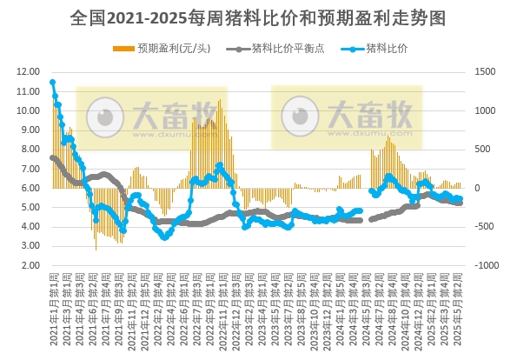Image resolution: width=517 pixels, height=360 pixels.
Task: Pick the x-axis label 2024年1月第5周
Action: coord(341,300)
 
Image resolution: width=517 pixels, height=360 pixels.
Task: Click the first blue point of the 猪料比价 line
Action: coord(52,83)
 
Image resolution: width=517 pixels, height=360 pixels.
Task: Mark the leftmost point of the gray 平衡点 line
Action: coord(52,157)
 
